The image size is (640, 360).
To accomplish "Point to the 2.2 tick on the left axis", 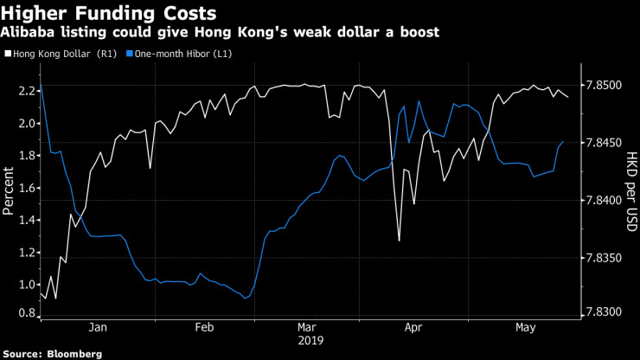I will pyautogui.click(x=25, y=91).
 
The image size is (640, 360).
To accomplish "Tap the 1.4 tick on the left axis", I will pyautogui.click(x=25, y=220).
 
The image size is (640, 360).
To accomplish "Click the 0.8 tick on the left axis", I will pyautogui.click(x=25, y=313).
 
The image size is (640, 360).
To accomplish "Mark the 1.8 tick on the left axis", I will pyautogui.click(x=25, y=156).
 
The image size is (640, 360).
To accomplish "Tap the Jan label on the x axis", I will pyautogui.click(x=98, y=328).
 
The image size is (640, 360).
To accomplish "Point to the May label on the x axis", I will pyautogui.click(x=522, y=328).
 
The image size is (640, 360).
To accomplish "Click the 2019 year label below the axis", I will pyautogui.click(x=310, y=341).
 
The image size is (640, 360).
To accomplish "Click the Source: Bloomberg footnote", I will pyautogui.click(x=53, y=354).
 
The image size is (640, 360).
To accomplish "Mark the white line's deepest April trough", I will pyautogui.click(x=399, y=241).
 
